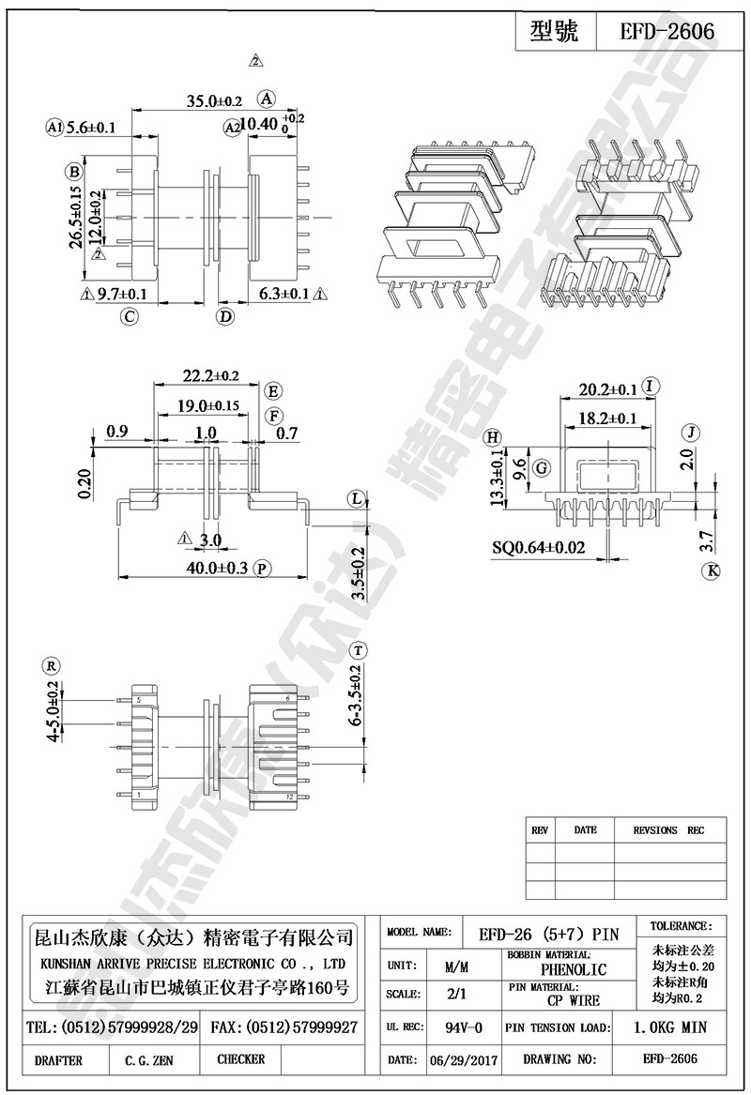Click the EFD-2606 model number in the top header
click(667, 32)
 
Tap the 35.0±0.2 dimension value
click(214, 100)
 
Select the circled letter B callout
click(72, 171)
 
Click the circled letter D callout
click(225, 316)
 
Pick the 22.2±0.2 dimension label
click(210, 376)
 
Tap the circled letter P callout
click(262, 568)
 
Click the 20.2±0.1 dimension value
click(607, 389)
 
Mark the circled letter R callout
click(52, 666)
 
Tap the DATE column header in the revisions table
click(585, 830)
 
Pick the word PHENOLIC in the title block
click(573, 969)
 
